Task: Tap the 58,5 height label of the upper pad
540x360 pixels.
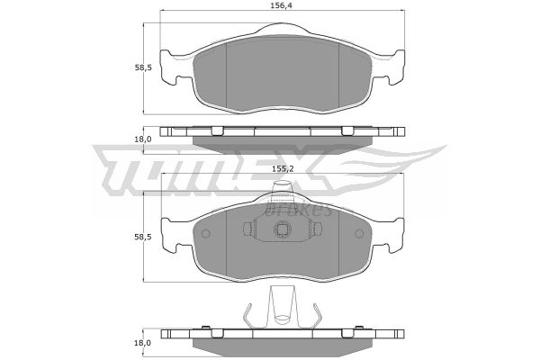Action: [x=143, y=67]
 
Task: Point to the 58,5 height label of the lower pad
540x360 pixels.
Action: [x=143, y=237]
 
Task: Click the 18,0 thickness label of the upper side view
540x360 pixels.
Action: [x=143, y=139]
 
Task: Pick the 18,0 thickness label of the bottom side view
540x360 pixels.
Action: [x=143, y=343]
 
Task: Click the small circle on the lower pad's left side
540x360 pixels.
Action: [x=205, y=234]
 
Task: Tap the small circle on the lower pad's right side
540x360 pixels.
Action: [x=359, y=234]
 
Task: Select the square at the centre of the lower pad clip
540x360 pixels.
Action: [x=283, y=229]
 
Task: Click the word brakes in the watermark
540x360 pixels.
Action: [x=298, y=209]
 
